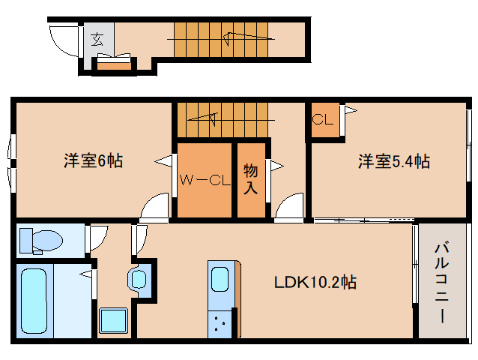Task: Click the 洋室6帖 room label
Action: point(94,160)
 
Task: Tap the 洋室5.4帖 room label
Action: point(394,161)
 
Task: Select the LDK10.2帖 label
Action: point(315,282)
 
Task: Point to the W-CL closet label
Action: point(205,180)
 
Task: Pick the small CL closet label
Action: point(322,119)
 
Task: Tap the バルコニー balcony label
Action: point(442,283)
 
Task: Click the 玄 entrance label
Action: point(97,39)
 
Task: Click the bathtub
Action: point(34,301)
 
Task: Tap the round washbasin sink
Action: point(138,278)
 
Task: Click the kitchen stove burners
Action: point(220,324)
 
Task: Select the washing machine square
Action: point(113,321)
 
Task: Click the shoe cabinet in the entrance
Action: point(114,67)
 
